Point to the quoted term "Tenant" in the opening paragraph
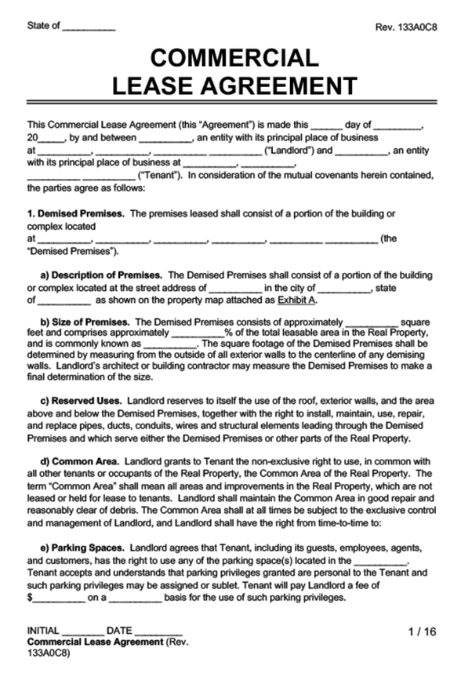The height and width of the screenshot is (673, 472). click(161, 175)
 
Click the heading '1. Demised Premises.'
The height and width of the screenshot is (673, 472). click(75, 213)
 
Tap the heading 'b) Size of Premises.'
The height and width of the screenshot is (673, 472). click(86, 322)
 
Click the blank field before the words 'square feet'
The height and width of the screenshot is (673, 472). click(372, 322)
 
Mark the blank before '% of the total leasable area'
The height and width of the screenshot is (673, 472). click(197, 333)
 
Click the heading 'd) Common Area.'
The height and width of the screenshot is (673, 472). click(79, 463)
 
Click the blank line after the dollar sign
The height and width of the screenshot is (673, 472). click(59, 597)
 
